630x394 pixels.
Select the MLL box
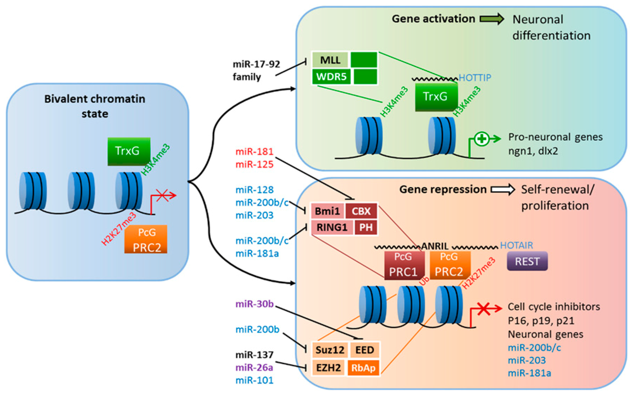pos(330,60)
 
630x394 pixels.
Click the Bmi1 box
pos(327,211)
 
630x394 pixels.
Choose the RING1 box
pos(332,227)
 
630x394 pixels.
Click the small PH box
pos(366,227)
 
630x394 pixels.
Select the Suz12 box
pos(330,350)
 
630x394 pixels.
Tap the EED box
pos(364,350)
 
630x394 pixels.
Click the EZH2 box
pos(328,368)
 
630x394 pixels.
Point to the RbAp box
pos(363,368)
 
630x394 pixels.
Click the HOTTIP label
pos(475,77)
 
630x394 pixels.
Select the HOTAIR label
pos(516,245)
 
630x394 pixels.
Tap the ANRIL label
pos(435,246)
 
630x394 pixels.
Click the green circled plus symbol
pos(482,139)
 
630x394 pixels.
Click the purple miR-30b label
pos(254,304)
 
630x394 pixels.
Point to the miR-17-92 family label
pos(256,70)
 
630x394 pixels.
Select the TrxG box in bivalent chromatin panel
pos(129,151)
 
